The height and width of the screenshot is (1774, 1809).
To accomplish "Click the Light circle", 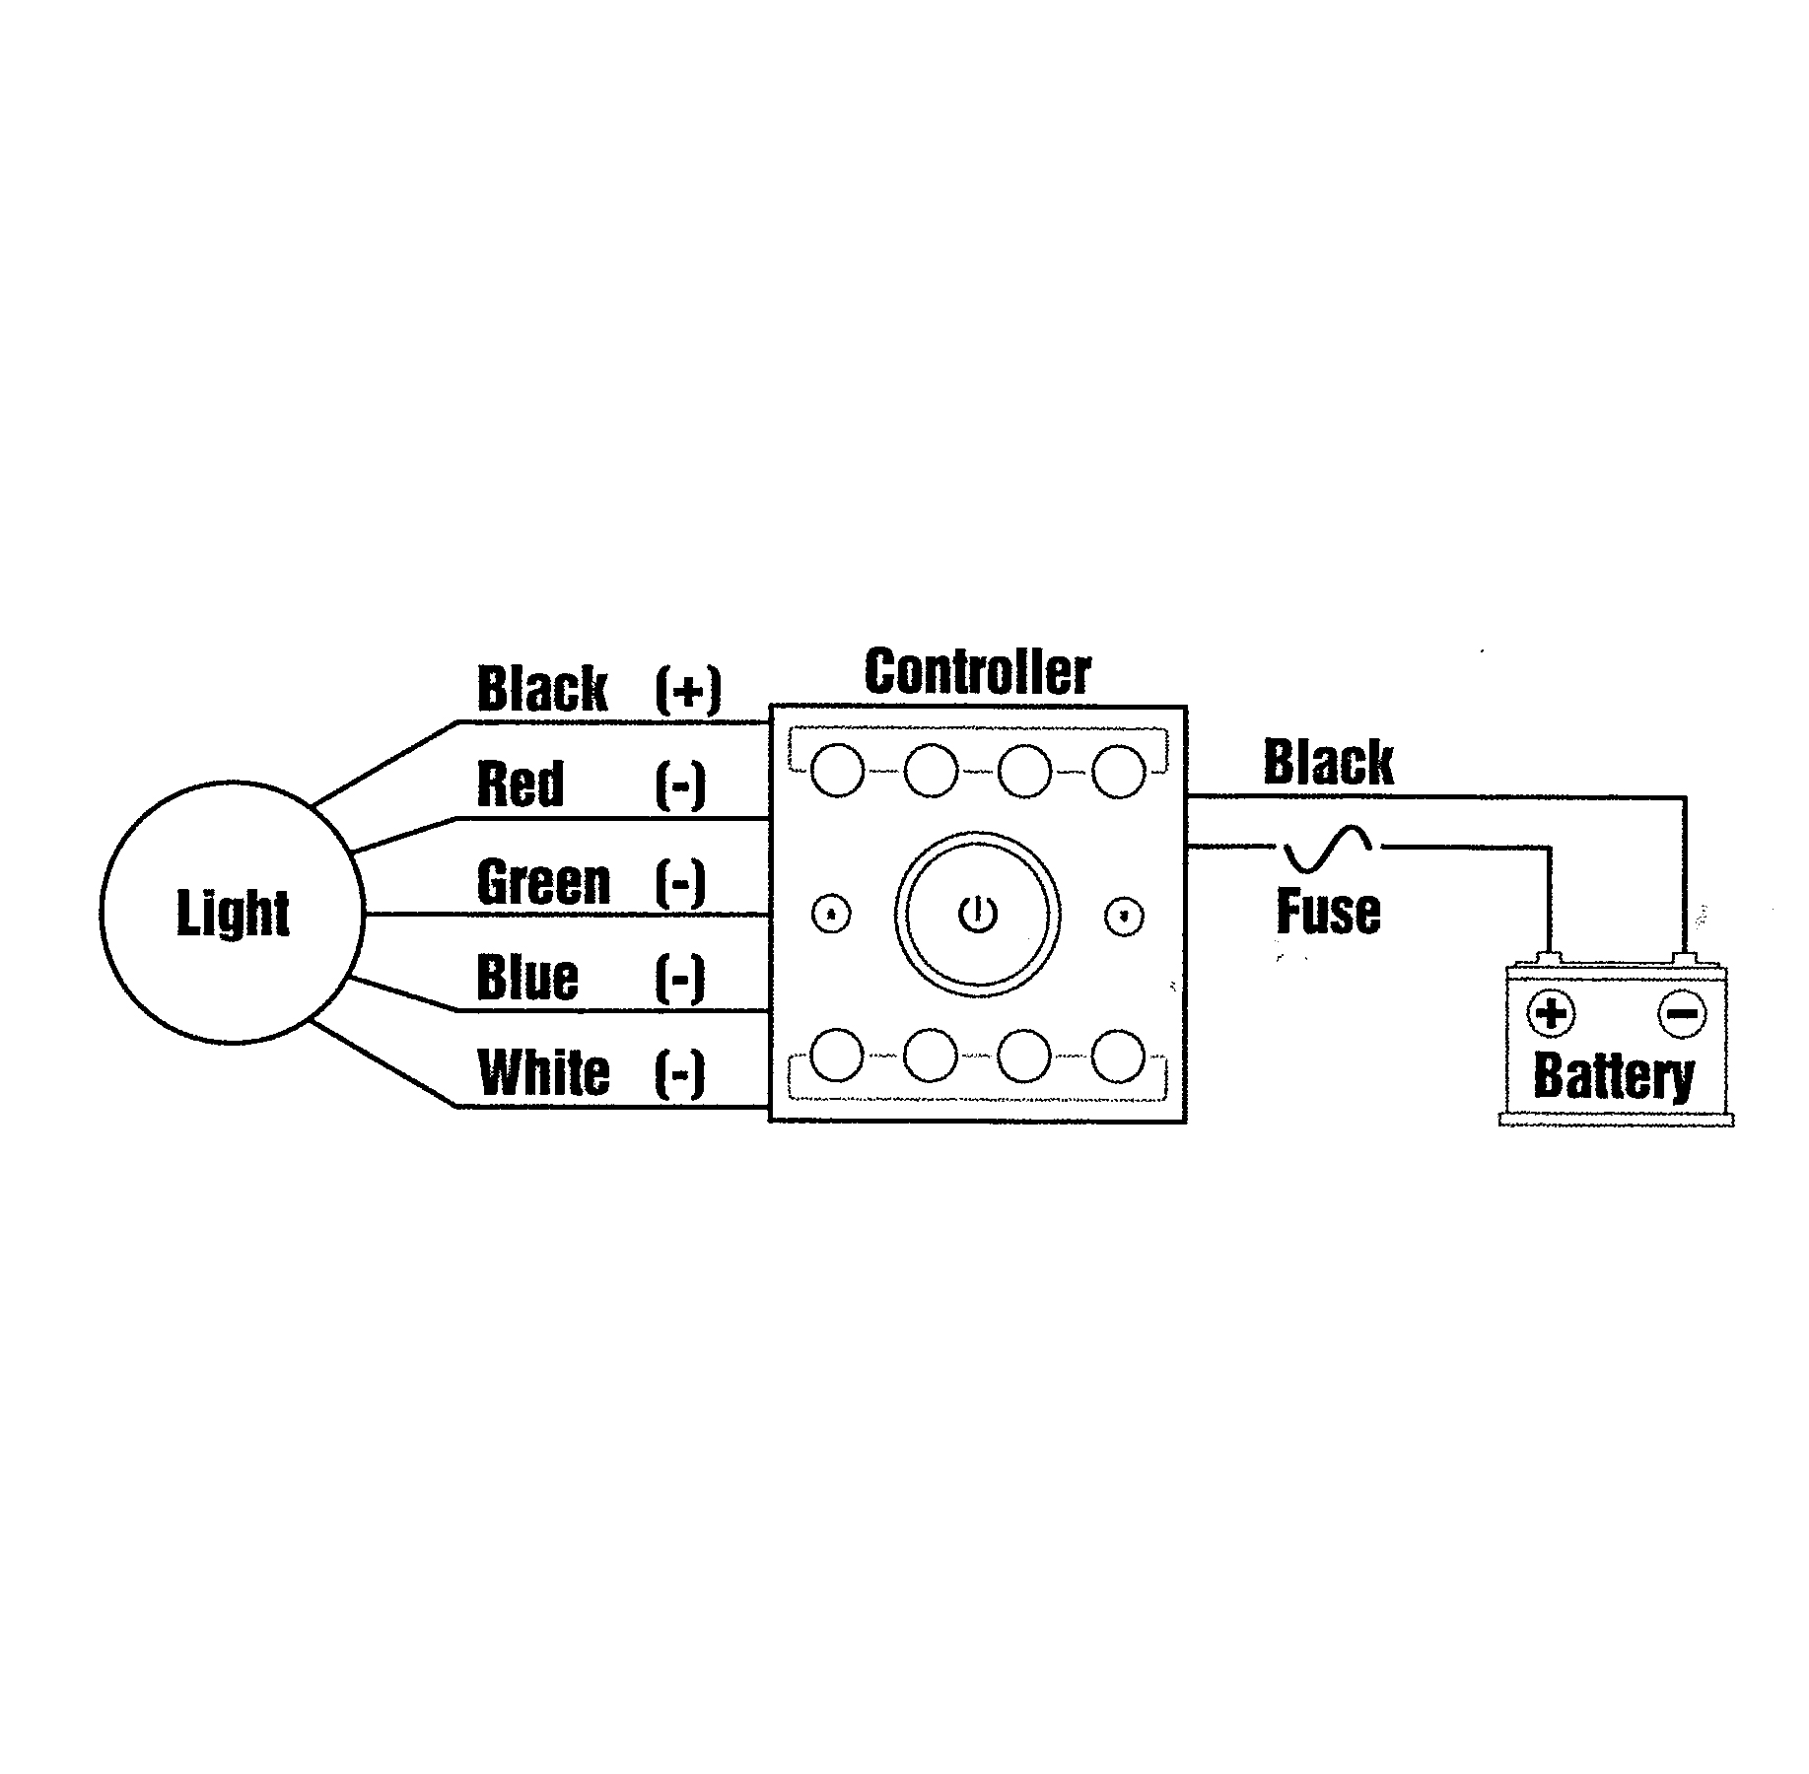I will pos(233,913).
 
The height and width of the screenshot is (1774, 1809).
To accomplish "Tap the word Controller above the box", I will pos(977,673).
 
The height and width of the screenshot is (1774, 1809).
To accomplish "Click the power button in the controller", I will pos(977,915).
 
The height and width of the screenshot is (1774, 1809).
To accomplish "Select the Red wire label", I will pos(520,785).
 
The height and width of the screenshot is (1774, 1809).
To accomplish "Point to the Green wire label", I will pos(543,881).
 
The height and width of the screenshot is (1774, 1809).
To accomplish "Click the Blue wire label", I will pos(526,977).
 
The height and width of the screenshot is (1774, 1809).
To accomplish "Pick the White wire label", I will pos(543,1072).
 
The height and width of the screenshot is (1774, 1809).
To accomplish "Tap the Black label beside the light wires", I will pos(542,689).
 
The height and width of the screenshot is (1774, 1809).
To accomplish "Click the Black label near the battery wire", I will pos(1328,762).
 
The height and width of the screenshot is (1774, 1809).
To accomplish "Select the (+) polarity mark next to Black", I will pos(687,689).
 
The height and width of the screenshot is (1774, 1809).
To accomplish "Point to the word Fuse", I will pos(1328,912).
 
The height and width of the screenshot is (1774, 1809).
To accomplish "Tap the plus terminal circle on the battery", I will pos(1551,1014).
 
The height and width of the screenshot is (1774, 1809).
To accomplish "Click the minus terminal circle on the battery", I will pos(1681,1014).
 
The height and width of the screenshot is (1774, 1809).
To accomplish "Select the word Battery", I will pos(1614,1075).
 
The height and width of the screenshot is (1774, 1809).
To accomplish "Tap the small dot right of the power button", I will pos(1122,916).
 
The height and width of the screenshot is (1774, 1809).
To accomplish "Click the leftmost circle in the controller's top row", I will pos(837,770).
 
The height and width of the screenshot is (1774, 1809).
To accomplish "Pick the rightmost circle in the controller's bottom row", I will pos(1119,1056).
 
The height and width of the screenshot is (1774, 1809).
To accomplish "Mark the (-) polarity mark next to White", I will pos(679,1072).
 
